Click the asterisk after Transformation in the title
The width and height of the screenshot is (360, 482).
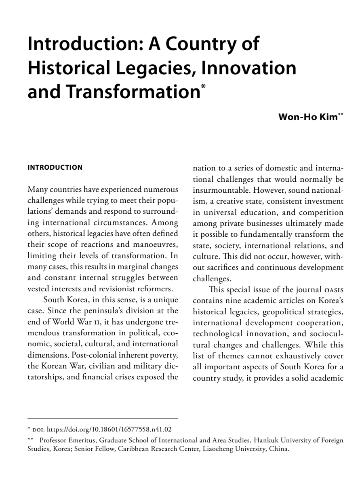click(x=203, y=86)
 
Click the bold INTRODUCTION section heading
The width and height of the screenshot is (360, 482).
click(x=55, y=167)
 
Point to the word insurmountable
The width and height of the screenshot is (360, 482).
click(x=213, y=189)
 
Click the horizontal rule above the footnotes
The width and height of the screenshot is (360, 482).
click(x=103, y=419)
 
